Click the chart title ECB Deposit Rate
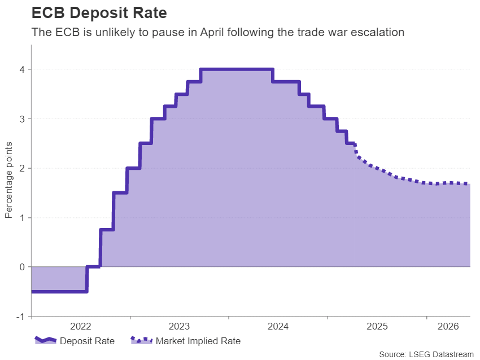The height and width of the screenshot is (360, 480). [99, 12]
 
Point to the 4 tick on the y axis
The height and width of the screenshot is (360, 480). [23, 69]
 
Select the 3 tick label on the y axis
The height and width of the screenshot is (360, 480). [23, 119]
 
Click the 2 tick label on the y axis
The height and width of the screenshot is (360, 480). [23, 168]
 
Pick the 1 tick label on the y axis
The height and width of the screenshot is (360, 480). [23, 218]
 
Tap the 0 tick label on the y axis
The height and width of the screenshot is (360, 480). [23, 267]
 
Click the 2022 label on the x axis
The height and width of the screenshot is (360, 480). [81, 327]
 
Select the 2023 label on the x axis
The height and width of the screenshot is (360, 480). [180, 327]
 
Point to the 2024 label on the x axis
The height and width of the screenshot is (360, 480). [278, 327]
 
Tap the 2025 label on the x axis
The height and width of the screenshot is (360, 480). [377, 327]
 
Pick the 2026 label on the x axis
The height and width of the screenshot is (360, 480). [448, 327]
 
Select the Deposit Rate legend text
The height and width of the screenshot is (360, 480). [87, 341]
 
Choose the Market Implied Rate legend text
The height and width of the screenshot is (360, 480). [198, 341]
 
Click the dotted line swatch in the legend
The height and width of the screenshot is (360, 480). [141, 340]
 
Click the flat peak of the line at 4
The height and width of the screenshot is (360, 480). [237, 69]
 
